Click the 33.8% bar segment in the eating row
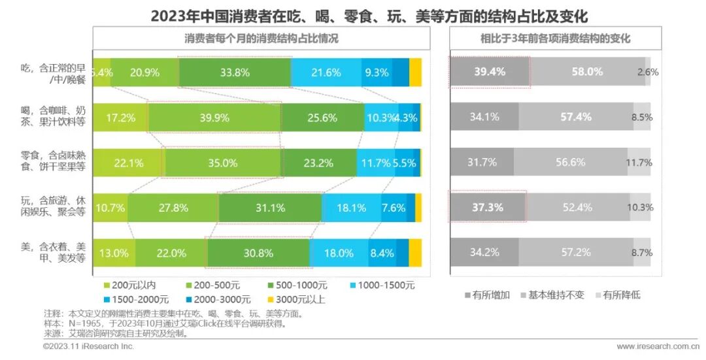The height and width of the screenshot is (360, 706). (234, 73)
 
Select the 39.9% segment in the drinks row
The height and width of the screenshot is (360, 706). (214, 118)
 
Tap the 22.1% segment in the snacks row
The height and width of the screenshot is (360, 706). (128, 163)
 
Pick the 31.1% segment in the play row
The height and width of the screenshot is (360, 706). (270, 208)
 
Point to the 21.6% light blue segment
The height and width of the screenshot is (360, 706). (326, 73)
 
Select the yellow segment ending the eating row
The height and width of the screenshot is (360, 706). (415, 73)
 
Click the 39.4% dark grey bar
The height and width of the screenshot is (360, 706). (489, 73)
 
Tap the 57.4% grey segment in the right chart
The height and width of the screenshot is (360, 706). (576, 118)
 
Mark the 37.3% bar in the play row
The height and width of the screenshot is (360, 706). (488, 208)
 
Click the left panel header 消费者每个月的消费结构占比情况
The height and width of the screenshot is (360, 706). (261, 39)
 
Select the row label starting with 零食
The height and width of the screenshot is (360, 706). (44, 163)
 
